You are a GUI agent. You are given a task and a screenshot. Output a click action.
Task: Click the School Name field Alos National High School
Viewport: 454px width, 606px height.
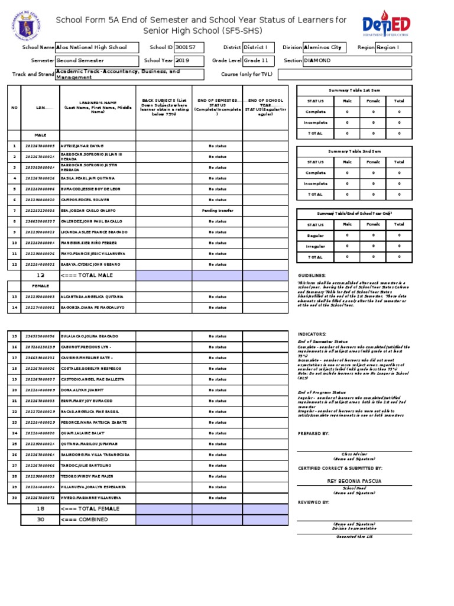coord(97,47)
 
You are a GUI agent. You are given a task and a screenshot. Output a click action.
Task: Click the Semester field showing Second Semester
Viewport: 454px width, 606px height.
coord(97,60)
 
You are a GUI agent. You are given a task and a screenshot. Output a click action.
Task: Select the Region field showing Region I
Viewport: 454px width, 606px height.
coord(393,47)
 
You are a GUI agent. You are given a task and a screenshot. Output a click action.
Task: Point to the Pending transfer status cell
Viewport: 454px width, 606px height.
coord(217,211)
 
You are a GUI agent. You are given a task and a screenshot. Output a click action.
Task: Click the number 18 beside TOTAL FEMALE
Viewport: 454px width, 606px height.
coord(40,509)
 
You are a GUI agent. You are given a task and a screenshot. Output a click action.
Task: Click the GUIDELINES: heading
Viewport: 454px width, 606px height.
coord(312,276)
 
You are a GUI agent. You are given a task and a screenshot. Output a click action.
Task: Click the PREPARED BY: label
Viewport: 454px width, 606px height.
coord(314,433)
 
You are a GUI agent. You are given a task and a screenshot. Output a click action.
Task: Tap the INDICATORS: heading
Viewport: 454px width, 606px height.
coord(312,334)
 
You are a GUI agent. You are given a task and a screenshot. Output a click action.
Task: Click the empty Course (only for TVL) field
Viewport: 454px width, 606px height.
coord(345,75)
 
